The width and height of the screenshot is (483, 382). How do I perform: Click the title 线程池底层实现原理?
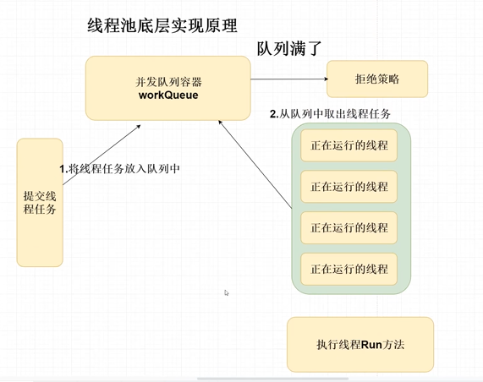click(162, 25)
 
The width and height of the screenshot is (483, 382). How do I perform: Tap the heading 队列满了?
click(289, 49)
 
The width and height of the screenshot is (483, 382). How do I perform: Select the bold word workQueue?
click(168, 95)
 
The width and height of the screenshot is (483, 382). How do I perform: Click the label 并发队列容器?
click(168, 82)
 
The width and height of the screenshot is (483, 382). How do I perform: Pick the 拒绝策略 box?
click(377, 79)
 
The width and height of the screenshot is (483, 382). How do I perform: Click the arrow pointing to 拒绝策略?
click(289, 79)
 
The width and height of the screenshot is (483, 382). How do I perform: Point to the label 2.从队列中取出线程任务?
click(330, 114)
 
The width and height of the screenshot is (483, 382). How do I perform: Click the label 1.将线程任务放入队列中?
click(119, 169)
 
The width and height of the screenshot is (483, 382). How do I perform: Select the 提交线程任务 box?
click(40, 203)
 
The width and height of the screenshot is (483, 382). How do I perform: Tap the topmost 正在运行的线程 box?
click(349, 145)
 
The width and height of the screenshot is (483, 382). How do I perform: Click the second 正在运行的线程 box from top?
click(349, 187)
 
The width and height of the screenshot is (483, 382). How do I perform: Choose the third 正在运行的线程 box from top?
click(349, 228)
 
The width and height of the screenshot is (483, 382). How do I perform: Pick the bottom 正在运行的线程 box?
click(349, 269)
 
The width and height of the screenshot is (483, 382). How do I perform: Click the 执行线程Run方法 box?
click(360, 345)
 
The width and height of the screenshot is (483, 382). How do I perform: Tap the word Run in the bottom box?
click(371, 345)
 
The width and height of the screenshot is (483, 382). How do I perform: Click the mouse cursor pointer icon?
click(227, 292)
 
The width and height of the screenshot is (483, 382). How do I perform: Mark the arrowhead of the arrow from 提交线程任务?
click(140, 126)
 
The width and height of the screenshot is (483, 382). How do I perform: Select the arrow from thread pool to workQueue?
click(255, 164)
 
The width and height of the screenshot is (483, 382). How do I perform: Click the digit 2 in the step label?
click(272, 114)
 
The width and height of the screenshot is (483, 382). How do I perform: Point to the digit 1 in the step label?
click(63, 169)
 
